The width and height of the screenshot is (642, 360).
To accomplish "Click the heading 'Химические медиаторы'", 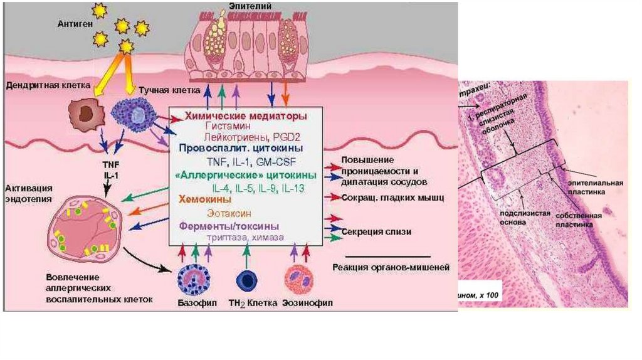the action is [x=245, y=116].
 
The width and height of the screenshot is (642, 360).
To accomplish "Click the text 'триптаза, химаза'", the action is [x=246, y=238].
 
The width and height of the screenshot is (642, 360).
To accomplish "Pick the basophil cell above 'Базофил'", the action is [x=194, y=280].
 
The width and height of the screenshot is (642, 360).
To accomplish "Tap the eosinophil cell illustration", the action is [x=298, y=280].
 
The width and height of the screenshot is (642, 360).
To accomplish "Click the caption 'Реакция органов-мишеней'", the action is [x=389, y=267].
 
